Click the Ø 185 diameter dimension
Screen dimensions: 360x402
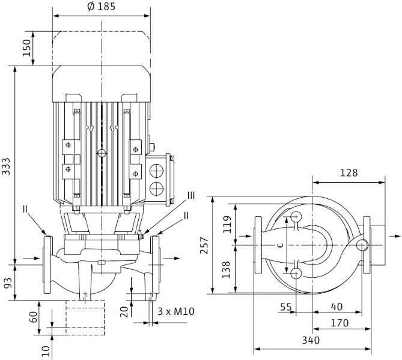click(101, 7)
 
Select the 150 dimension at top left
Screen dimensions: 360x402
click(26, 48)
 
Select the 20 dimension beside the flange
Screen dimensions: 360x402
click(123, 311)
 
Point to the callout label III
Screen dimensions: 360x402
click(190, 195)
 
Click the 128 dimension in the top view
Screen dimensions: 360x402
click(348, 172)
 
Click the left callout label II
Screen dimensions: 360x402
click(26, 209)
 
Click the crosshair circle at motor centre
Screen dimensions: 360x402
click(101, 153)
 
